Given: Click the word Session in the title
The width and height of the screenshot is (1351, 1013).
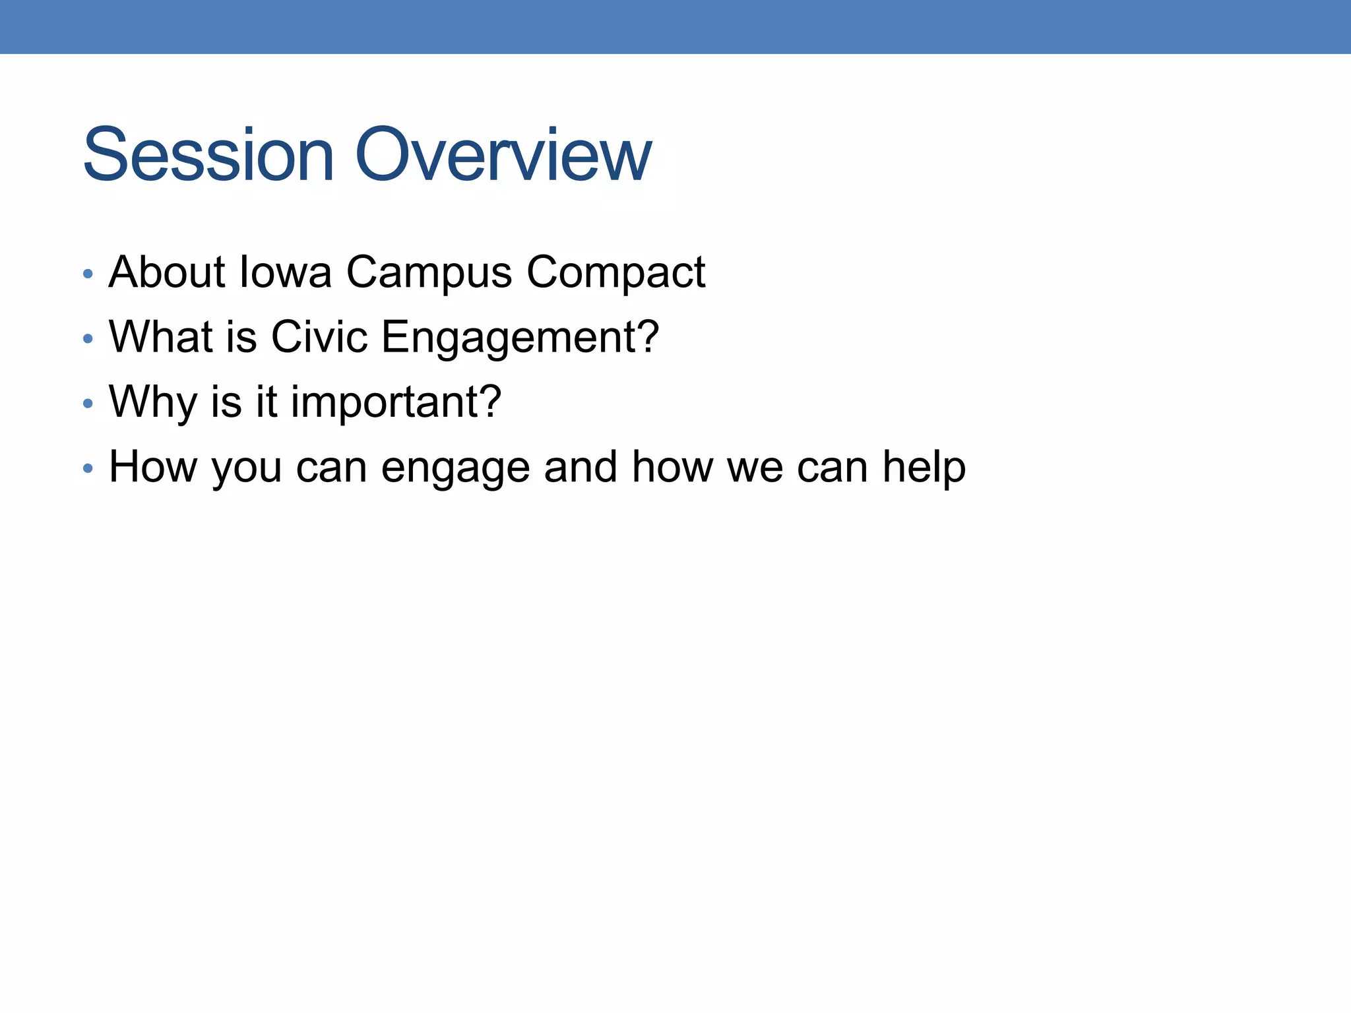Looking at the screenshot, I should coord(208,156).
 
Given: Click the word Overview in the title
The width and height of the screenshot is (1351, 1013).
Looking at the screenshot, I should coord(503,156).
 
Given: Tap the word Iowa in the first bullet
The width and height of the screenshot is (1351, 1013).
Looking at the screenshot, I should coord(285,272).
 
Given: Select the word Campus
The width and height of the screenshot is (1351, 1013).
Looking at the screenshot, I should coord(429,273).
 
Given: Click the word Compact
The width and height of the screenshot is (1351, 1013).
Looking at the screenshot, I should coord(615,273).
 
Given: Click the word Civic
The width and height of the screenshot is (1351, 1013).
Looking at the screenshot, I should coord(319,337).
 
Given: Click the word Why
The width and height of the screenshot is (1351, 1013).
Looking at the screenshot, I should coord(152,402).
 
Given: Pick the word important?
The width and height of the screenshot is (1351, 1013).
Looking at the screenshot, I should coord(396,402).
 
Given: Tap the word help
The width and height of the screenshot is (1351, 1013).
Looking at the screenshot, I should coord(924,468).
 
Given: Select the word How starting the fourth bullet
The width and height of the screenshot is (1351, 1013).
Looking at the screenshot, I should coord(152,467).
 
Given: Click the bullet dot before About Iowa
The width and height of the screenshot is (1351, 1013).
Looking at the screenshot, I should coord(88,274).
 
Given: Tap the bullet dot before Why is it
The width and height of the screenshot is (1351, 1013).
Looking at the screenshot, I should coord(88,404).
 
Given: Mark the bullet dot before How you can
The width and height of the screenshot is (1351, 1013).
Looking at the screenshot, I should coord(88,469).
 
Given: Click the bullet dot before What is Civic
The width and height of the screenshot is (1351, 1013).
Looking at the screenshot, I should coord(88,339).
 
